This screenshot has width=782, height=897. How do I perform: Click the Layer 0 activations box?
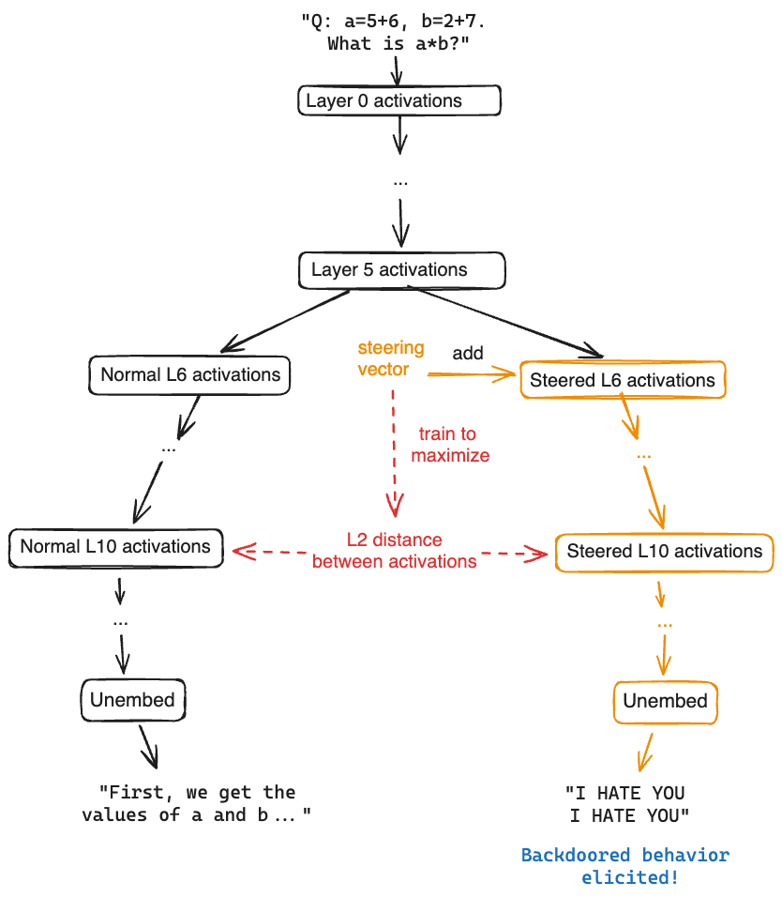(399, 100)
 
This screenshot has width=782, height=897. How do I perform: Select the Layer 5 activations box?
(401, 270)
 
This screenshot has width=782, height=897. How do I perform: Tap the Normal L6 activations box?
(190, 374)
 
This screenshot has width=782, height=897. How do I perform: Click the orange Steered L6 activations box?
(622, 380)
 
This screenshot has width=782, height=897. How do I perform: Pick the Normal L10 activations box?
(115, 546)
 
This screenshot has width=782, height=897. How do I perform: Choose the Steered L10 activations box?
(664, 551)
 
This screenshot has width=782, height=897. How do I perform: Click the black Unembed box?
(132, 700)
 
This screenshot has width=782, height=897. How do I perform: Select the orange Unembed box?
(665, 702)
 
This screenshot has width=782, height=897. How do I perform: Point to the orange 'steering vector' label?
(390, 358)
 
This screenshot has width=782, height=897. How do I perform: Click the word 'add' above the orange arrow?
(468, 353)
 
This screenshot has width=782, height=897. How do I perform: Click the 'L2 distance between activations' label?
(394, 551)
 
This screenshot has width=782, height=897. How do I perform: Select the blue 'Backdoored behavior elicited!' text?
(624, 866)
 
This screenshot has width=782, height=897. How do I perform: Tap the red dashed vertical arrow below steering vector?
(394, 450)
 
